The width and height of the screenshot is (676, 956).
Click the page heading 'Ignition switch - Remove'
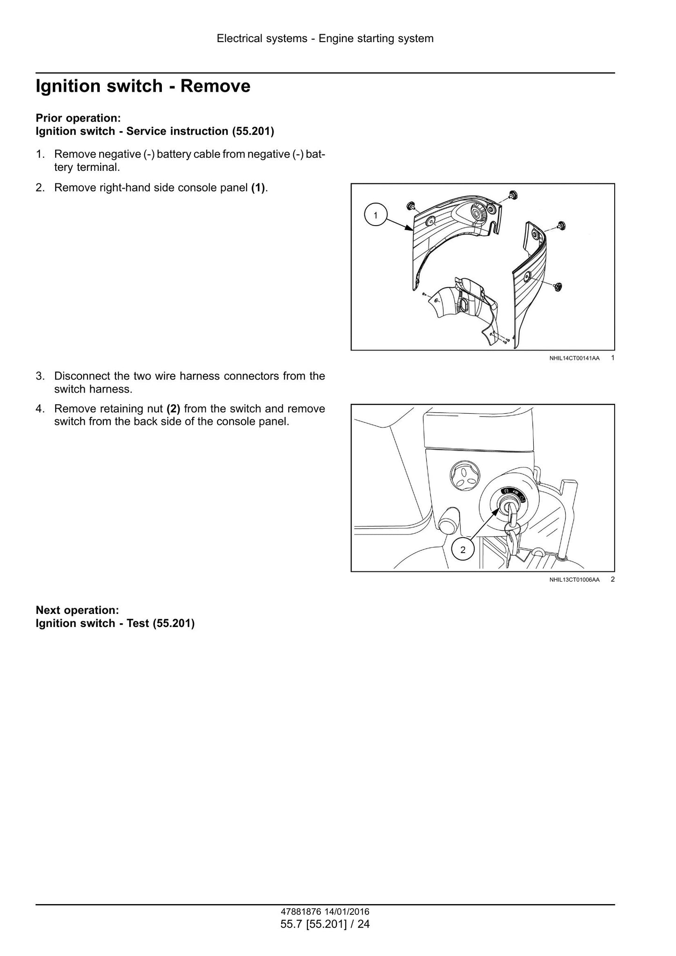[x=143, y=87]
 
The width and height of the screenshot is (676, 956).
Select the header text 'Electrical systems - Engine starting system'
[x=325, y=38]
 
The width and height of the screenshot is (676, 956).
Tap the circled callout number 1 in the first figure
[x=375, y=215]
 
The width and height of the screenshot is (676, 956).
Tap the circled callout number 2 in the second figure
[x=463, y=550]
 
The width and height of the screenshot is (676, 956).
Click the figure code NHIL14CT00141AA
[x=574, y=358]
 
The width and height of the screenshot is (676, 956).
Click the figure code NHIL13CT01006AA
[x=574, y=580]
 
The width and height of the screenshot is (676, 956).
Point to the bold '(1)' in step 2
[x=258, y=188]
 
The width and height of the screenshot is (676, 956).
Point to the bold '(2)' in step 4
[x=174, y=409]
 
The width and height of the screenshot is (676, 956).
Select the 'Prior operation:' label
[x=79, y=118]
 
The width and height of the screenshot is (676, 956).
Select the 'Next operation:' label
[x=78, y=610]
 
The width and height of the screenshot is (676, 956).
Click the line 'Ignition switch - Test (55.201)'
[x=115, y=623]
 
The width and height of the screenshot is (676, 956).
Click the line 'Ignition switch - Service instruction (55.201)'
[x=155, y=131]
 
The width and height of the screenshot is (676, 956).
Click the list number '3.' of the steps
[x=40, y=376]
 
